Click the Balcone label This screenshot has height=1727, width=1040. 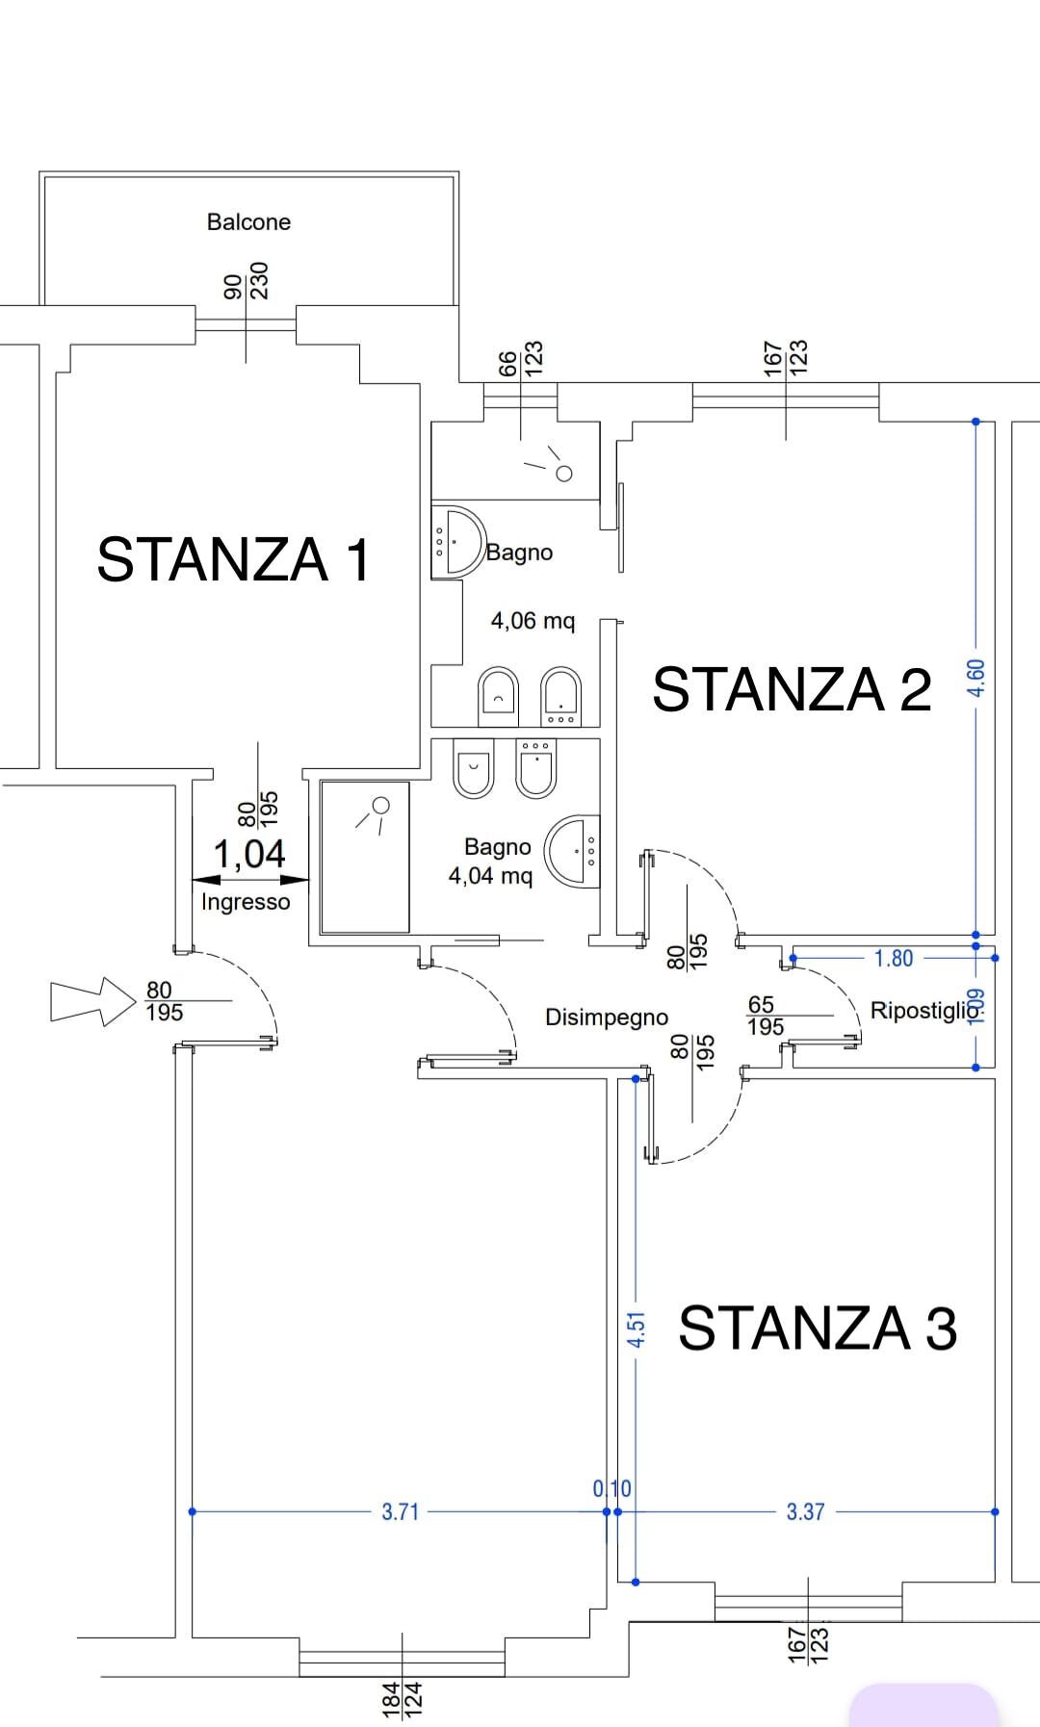(248, 222)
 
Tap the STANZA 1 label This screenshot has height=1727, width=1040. (234, 559)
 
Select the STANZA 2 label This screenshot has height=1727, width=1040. (792, 689)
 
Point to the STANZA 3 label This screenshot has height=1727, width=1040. (818, 1328)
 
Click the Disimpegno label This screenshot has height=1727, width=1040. (607, 1018)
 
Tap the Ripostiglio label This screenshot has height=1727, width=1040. (925, 1011)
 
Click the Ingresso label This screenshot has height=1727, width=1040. (246, 902)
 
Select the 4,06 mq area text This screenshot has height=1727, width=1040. (533, 621)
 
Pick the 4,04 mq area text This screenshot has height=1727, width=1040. (490, 876)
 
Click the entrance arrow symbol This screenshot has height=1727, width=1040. (92, 1001)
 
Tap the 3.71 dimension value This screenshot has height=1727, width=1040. (401, 1512)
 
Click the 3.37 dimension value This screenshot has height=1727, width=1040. (805, 1512)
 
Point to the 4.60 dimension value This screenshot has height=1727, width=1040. (975, 679)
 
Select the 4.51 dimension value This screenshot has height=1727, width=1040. (636, 1328)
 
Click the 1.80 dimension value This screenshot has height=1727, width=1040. (894, 959)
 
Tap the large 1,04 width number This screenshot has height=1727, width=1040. (249, 854)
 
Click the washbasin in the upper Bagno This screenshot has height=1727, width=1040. (456, 541)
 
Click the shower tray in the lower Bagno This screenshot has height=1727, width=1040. (365, 857)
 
